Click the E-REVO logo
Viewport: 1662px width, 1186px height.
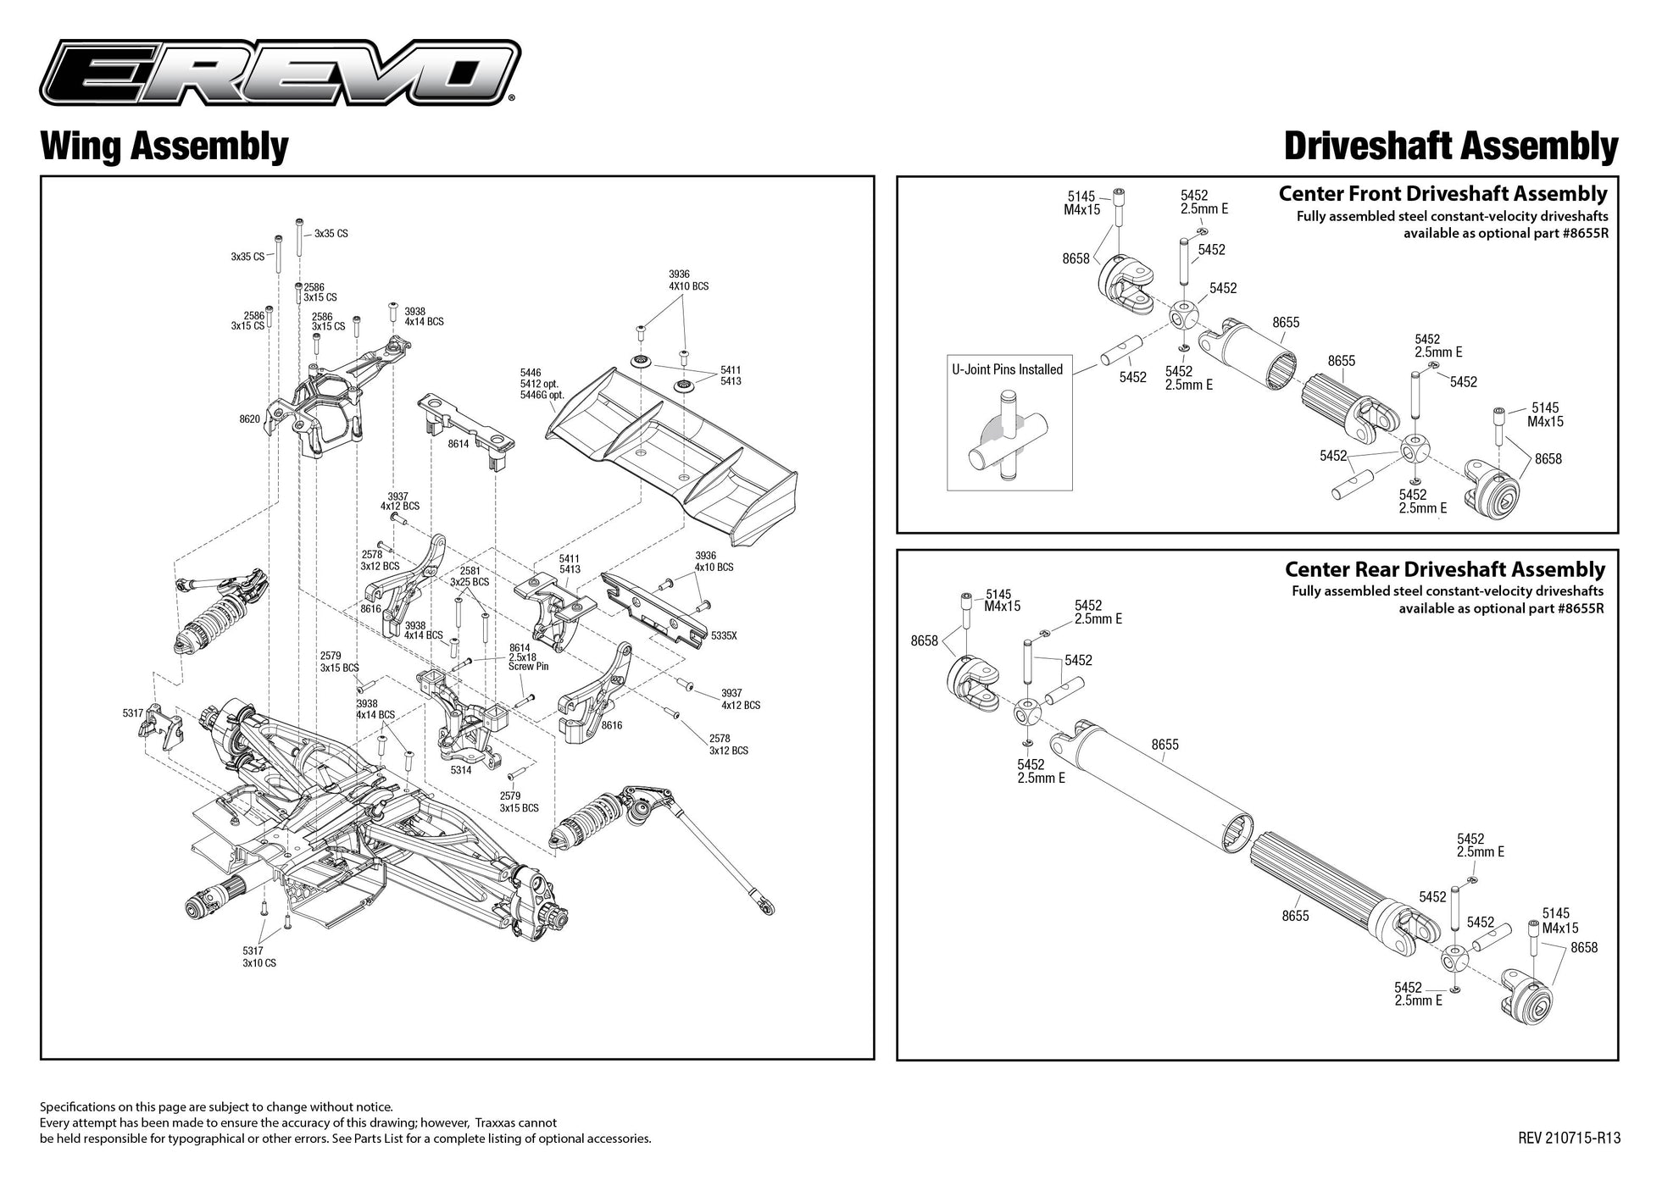tap(279, 75)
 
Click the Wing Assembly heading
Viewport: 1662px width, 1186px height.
tap(164, 146)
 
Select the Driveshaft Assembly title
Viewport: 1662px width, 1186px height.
tap(1450, 146)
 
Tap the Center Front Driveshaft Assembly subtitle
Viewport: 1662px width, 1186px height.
tap(1442, 194)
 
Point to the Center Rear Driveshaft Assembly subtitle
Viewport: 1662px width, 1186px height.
tap(1444, 569)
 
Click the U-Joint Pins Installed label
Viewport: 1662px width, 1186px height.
tap(1007, 369)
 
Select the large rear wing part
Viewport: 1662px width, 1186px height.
tap(670, 449)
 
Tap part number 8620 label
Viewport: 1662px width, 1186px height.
tap(249, 419)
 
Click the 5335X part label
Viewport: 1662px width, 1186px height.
tap(724, 635)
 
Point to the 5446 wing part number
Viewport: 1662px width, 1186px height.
tap(531, 373)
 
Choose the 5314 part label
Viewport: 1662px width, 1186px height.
tap(460, 770)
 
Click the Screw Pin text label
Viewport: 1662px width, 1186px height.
tap(528, 667)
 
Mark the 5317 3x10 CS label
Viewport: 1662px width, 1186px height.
tap(258, 957)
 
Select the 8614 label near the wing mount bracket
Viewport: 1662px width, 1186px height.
tap(459, 443)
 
